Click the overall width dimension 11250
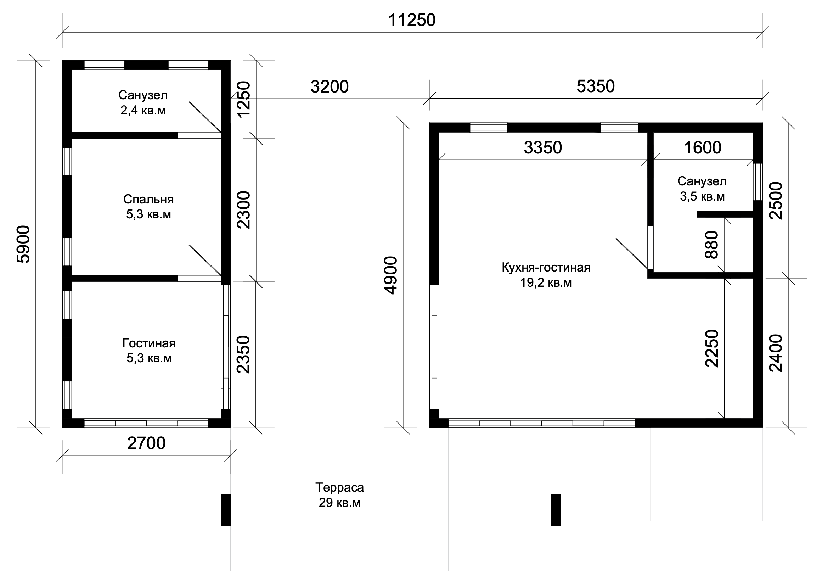click(412, 21)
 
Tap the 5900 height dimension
click(24, 244)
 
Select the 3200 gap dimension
click(330, 87)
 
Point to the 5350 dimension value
click(596, 87)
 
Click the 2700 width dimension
click(146, 443)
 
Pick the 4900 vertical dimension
click(391, 275)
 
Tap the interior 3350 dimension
click(543, 148)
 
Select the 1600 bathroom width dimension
click(703, 148)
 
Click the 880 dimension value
click(712, 245)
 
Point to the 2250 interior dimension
click(712, 348)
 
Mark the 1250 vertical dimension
click(244, 99)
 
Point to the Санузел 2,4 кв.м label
click(143, 102)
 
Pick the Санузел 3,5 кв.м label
click(702, 189)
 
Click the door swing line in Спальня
click(205, 260)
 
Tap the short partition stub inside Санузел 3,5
click(725, 214)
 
